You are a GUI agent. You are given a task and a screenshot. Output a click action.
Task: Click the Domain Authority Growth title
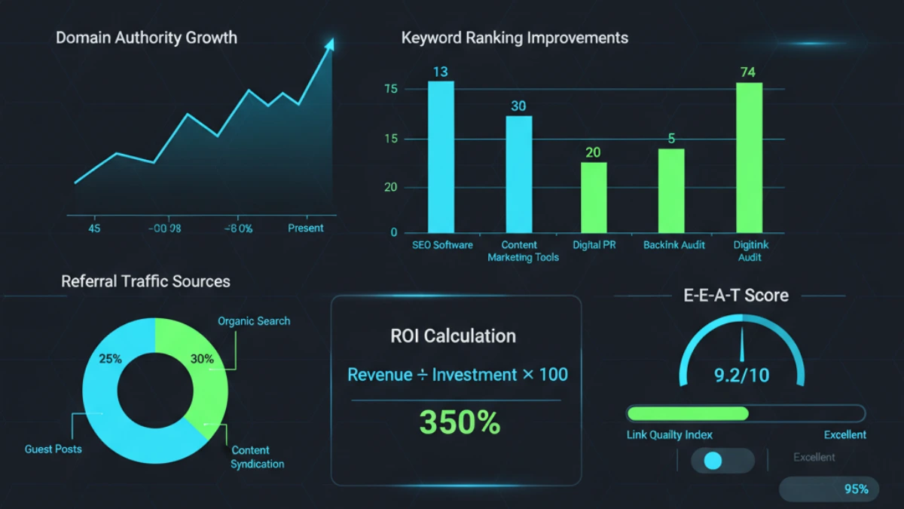click(x=146, y=38)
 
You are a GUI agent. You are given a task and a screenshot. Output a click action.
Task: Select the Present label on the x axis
click(x=305, y=228)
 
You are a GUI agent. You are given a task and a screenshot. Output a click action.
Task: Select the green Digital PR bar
click(x=593, y=197)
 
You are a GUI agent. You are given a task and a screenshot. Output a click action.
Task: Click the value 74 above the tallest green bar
click(x=747, y=72)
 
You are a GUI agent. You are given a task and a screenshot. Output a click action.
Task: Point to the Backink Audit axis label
click(x=674, y=245)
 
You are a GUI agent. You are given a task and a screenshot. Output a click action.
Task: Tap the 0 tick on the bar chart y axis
click(x=393, y=233)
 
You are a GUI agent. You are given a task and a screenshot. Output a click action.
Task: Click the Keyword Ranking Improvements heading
click(x=515, y=38)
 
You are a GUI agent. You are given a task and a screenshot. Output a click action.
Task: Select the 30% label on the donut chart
click(x=202, y=359)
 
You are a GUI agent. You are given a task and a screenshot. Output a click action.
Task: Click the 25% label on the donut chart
click(x=110, y=358)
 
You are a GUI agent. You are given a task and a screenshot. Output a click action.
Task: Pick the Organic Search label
click(x=254, y=321)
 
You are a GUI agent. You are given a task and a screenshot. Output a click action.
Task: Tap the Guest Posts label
click(x=53, y=449)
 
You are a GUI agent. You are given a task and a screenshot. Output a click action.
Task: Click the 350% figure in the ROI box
click(x=460, y=423)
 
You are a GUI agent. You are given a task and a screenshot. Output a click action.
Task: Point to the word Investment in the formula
click(x=475, y=375)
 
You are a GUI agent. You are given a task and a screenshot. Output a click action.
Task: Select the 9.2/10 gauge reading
click(x=742, y=375)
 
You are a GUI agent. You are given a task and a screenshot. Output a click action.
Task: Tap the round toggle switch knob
click(x=712, y=461)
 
